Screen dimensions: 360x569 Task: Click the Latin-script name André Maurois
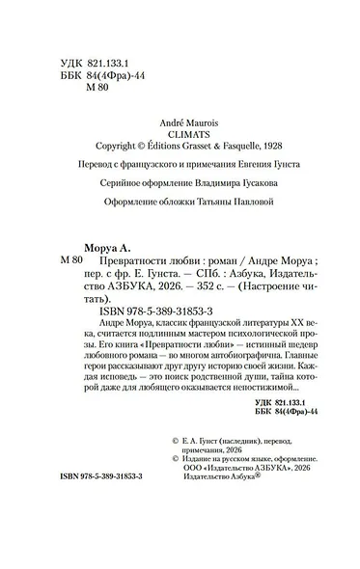(x=182, y=124)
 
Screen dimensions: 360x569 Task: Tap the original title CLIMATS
(x=182, y=136)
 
